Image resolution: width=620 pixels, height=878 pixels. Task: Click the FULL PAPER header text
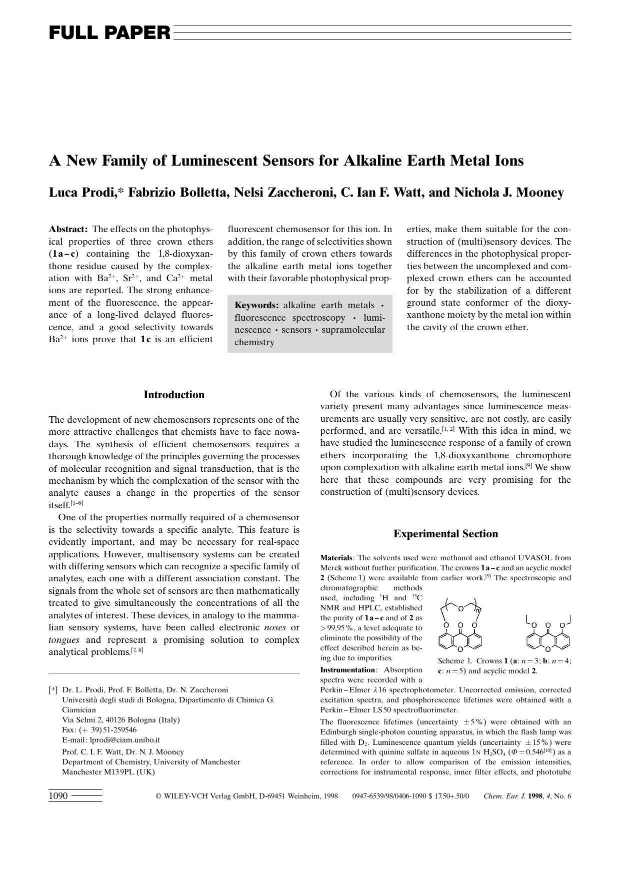click(109, 33)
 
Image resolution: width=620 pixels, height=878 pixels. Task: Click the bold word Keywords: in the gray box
click(256, 305)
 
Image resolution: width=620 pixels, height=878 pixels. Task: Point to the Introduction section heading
click(174, 395)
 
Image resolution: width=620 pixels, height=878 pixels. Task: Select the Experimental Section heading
click(445, 534)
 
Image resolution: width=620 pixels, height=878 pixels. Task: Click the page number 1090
click(58, 796)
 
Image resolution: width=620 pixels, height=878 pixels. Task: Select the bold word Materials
click(336, 558)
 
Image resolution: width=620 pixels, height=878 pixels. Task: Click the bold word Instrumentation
click(347, 670)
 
